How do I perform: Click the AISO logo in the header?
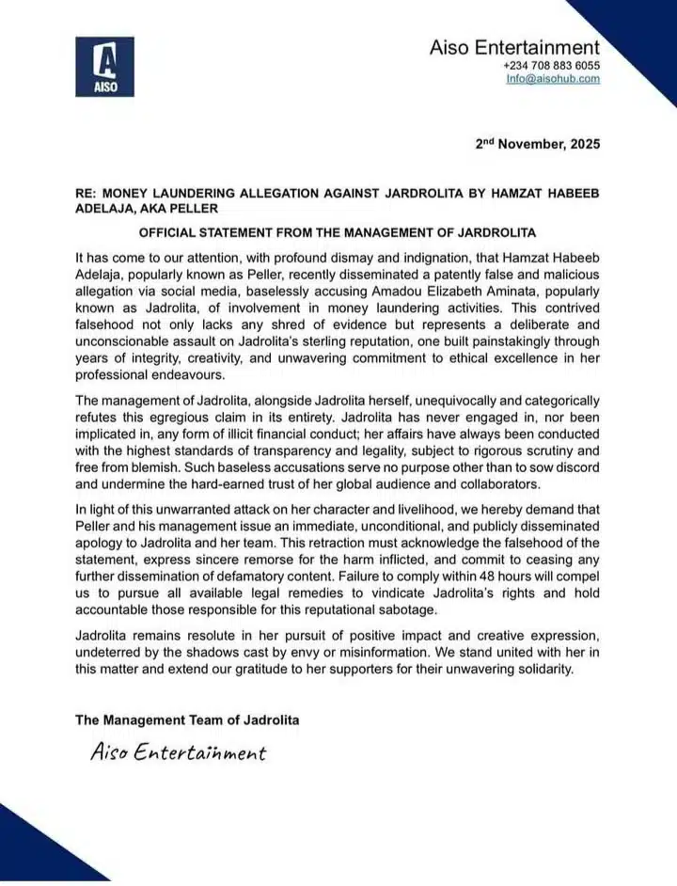click(104, 66)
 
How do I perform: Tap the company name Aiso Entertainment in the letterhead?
click(514, 47)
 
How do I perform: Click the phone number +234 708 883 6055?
click(552, 65)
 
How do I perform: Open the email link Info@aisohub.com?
click(553, 79)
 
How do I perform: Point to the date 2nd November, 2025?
click(537, 144)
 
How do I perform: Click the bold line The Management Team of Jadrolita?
click(188, 720)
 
